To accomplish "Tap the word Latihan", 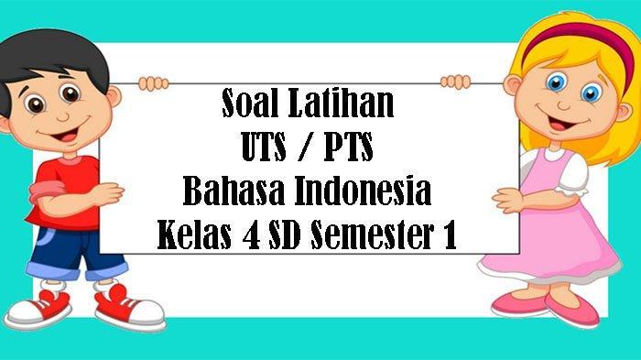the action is [x=342, y=104].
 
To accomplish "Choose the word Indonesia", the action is [x=363, y=191].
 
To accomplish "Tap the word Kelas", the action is [x=194, y=235].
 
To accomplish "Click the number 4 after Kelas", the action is [x=251, y=235].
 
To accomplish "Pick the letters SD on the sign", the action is [x=285, y=235].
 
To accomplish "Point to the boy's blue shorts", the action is [x=73, y=254].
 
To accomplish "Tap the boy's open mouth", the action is [x=65, y=136].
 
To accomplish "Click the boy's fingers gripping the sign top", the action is [x=153, y=83].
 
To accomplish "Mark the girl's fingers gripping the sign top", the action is [x=455, y=82].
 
